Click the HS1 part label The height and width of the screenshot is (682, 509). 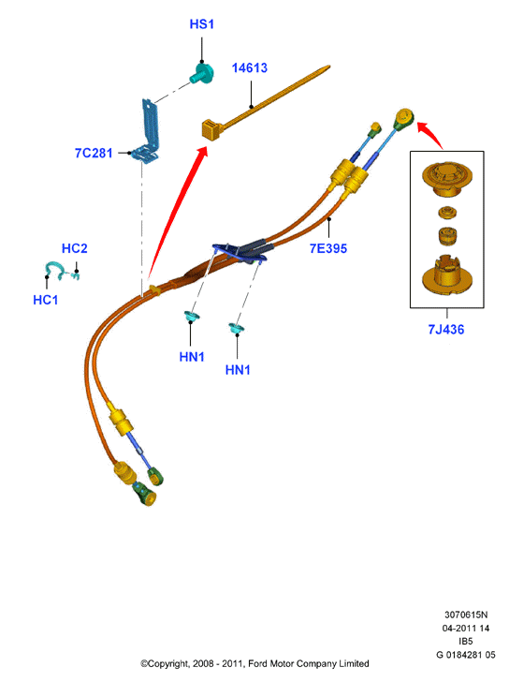coord(202,24)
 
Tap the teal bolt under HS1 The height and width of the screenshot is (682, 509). coord(202,73)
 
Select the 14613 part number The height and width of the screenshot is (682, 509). coord(249,67)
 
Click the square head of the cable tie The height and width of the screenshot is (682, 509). coord(211,130)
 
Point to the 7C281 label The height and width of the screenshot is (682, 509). coord(94,153)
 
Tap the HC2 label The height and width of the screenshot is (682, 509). coord(75,248)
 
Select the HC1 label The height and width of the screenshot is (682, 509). coord(46,300)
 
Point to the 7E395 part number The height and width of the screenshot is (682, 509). coord(328,248)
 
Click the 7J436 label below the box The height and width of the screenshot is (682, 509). coord(446,329)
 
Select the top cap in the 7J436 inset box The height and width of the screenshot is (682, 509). coord(447,178)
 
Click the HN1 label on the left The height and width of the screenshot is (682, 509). coord(192,357)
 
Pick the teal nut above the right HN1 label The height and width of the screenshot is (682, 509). coord(237,329)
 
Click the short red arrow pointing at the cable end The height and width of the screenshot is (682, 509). coord(430,134)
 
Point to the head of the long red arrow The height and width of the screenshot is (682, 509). coord(202,150)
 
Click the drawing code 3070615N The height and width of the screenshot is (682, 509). coord(466,615)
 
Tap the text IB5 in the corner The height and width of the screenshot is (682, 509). coord(466,641)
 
